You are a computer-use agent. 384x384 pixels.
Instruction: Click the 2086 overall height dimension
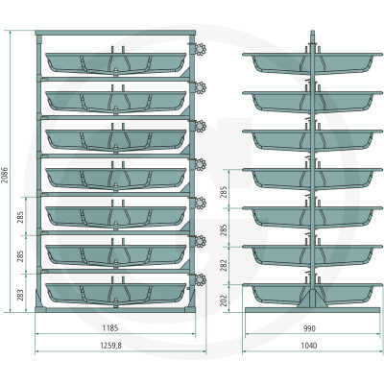5,175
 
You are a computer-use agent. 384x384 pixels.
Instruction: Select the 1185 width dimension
110,328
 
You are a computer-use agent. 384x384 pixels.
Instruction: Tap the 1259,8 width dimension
111,346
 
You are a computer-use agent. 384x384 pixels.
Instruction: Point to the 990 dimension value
309,328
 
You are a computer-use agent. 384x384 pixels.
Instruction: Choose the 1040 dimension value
309,346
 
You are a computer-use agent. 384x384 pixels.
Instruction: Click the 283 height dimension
20,295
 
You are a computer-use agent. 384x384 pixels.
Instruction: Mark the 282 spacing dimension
224,265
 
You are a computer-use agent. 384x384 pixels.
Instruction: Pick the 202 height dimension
224,300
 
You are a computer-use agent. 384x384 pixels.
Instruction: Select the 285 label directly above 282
224,229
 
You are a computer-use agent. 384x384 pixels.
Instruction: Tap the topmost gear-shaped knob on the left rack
201,49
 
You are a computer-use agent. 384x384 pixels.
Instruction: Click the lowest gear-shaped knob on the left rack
201,279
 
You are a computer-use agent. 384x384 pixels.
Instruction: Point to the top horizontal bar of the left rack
115,33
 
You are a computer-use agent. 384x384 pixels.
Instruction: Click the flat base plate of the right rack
313,310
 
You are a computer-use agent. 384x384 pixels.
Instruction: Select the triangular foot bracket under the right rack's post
313,299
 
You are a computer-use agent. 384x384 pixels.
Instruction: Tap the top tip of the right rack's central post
313,31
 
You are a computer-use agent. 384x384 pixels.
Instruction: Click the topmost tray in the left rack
116,63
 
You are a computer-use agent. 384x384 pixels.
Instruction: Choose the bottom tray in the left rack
116,294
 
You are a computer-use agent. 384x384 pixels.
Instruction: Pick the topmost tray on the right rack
313,63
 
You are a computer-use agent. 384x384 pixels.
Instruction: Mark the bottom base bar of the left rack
115,309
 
